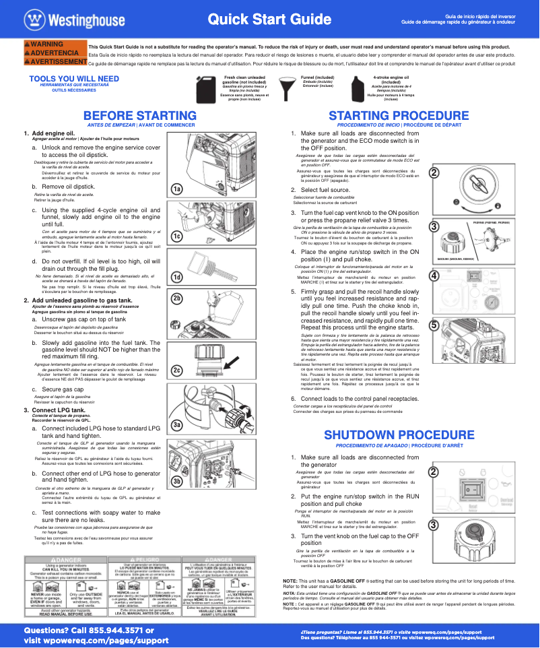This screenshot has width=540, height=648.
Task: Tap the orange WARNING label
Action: point(44,44)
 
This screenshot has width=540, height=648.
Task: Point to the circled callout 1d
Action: point(177,278)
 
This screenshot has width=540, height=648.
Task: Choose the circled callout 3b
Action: point(177,482)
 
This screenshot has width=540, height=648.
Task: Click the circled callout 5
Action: point(434,325)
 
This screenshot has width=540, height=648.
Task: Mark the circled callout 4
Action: point(434,276)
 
